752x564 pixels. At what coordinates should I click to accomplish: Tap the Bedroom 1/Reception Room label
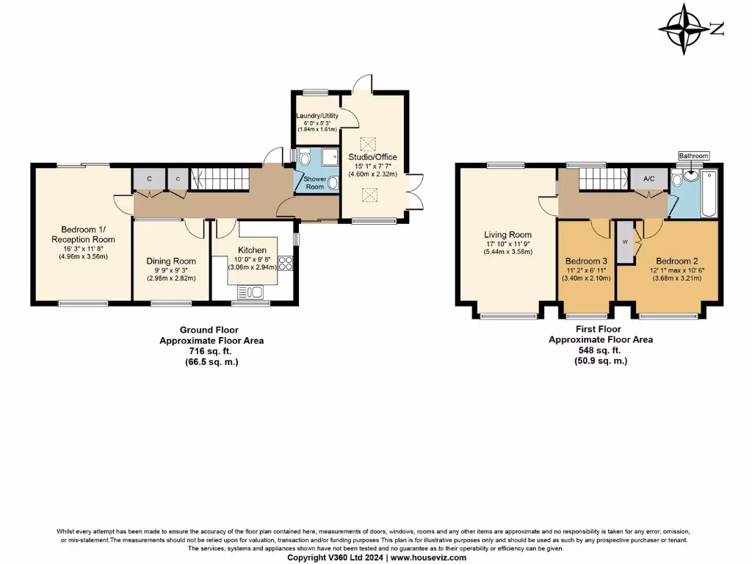pyautogui.click(x=83, y=234)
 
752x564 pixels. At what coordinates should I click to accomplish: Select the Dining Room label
pyautogui.click(x=171, y=261)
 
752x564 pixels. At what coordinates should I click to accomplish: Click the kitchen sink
pyautogui.click(x=253, y=292)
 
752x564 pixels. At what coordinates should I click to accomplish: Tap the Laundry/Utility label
pyautogui.click(x=317, y=116)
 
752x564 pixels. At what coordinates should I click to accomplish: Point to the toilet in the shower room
pyautogui.click(x=304, y=156)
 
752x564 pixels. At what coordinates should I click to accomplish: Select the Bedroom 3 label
pyautogui.click(x=586, y=261)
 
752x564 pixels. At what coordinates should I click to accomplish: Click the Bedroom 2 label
pyautogui.click(x=677, y=261)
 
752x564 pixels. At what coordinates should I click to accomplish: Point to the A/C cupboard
pyautogui.click(x=649, y=178)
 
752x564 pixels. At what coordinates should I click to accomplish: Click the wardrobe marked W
pyautogui.click(x=625, y=241)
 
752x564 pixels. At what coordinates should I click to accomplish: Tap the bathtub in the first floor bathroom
pyautogui.click(x=709, y=193)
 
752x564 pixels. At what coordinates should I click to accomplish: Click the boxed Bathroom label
pyautogui.click(x=693, y=156)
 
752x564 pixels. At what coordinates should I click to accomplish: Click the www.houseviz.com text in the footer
pyautogui.click(x=427, y=557)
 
